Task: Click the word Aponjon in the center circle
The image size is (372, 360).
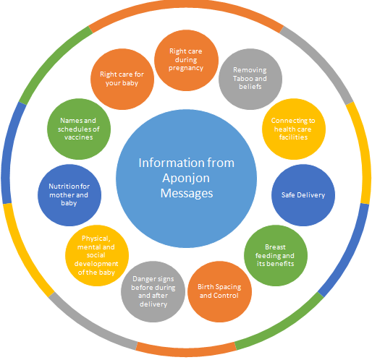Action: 186,179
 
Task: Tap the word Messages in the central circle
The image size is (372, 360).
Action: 187,193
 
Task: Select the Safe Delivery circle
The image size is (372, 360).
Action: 303,195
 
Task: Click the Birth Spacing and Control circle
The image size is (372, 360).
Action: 219,291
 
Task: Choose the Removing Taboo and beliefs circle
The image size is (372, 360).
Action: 250,79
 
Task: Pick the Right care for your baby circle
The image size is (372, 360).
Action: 122,79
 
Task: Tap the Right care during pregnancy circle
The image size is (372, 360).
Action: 186,60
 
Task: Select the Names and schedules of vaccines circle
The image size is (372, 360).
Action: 79,129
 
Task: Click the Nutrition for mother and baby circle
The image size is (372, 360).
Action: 69,195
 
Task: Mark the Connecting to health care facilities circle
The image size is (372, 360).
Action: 294,129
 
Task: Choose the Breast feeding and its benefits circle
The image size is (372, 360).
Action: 276,255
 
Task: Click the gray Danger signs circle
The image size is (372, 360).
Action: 153,291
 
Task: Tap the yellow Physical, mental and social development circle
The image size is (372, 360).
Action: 97,255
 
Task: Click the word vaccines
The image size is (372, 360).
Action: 79,137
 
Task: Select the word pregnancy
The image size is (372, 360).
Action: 186,69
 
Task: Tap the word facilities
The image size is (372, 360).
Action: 293,137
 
